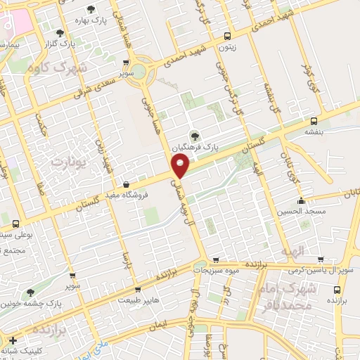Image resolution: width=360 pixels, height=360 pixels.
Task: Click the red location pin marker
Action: tap(180, 167)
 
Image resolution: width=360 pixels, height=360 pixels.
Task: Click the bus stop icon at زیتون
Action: tap(226, 36)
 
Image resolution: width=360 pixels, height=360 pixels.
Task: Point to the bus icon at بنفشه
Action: tap(312, 120)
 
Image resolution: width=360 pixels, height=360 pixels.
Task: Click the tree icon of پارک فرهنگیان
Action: tap(194, 136)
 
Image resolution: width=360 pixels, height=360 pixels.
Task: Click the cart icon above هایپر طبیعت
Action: tap(138, 288)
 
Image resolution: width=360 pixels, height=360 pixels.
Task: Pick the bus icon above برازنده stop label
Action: tap(338, 289)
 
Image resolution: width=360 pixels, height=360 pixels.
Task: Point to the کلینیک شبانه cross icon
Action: tap(12, 341)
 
